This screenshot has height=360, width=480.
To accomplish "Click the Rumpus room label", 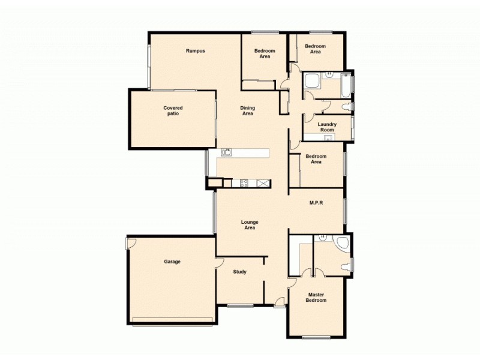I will point(196,51).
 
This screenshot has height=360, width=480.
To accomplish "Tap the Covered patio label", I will point(173,111).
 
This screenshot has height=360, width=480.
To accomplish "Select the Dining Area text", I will point(248,111).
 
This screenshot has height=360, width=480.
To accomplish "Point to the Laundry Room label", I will point(327,127).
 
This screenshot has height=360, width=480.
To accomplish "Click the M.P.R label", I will point(316,203).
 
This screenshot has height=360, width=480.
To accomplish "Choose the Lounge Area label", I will point(250,225).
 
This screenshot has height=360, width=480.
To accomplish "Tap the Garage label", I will point(172,262).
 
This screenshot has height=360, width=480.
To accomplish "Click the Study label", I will point(239,272).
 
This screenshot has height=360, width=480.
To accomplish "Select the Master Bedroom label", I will point(317,298).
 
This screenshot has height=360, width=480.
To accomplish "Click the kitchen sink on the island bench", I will point(227,152).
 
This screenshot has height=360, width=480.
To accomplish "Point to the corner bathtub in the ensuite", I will point(342,243).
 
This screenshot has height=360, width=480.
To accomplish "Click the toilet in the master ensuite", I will point(345,267).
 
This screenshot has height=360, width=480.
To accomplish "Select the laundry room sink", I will point(328,138).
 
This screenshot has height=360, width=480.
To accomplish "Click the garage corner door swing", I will point(131,242).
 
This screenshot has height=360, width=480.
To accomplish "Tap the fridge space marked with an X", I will point(263,183).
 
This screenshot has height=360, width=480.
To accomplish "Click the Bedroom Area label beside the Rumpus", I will point(265,54).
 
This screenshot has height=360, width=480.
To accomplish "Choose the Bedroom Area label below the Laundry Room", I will point(316,159).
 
